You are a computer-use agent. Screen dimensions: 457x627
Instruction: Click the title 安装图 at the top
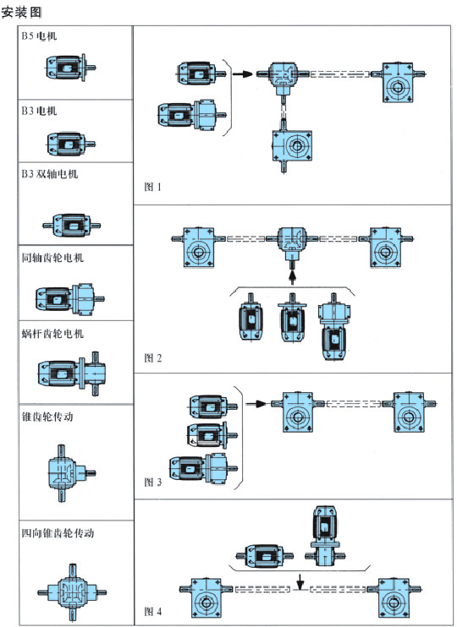pos(21,13)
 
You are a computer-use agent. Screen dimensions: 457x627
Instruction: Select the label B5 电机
pos(39,36)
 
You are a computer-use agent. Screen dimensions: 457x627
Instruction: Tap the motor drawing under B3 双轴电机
pos(72,226)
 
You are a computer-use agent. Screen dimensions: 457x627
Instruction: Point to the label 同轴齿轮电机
pos(52,258)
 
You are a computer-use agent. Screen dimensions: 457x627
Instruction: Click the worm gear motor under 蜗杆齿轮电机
pos(71,373)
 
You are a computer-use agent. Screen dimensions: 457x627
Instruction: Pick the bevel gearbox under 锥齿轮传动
pos(71,473)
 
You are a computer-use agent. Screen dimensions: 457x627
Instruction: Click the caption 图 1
pos(152,187)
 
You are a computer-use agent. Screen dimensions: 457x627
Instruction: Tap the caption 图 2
pos(153,358)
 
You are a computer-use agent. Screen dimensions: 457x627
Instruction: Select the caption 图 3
pos(153,483)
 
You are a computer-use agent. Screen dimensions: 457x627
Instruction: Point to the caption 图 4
pos(153,612)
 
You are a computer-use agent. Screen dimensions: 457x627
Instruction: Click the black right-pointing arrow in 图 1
pos(243,74)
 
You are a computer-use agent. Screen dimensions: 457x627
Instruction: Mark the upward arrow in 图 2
pos(292,277)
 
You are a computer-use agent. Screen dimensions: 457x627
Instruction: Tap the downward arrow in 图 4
pos(300,582)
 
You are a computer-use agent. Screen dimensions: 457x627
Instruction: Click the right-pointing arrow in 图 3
pos(256,404)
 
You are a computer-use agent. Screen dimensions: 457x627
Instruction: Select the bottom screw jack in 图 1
pos(292,146)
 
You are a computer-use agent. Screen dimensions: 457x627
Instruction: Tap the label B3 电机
pos(39,111)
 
